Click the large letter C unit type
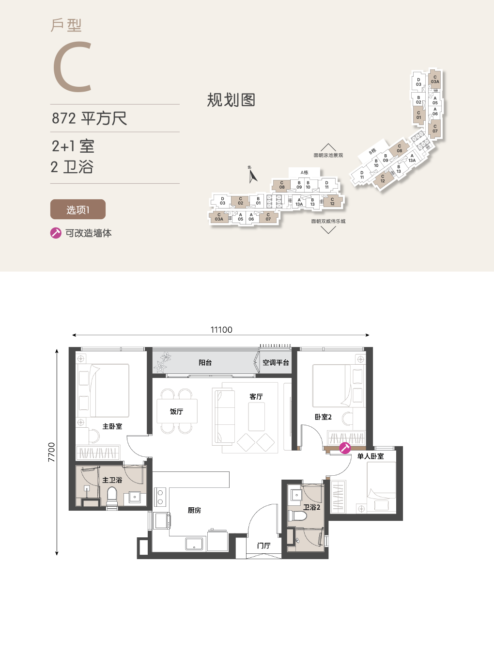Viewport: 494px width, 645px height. coord(72,67)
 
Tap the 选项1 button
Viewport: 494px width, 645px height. coord(77,210)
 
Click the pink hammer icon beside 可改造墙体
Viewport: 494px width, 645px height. coord(56,233)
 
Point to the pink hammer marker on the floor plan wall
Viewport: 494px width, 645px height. coord(345,448)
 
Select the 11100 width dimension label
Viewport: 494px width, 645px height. coord(221,330)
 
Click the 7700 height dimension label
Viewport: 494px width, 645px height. coord(51,452)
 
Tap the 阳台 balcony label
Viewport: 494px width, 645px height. coord(205,362)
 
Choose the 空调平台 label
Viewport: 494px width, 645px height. coord(276,362)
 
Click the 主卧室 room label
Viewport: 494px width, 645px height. coord(112,427)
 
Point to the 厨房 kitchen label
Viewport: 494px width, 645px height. coord(194,510)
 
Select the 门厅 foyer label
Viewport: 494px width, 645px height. coord(264,546)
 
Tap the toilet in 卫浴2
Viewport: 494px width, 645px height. coord(297,516)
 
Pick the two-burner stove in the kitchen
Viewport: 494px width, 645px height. coord(160,497)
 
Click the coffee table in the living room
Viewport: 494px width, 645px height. coord(256,417)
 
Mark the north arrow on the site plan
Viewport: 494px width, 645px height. coord(252,176)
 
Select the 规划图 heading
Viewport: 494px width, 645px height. coord(231,100)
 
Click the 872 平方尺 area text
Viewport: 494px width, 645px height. coord(89,118)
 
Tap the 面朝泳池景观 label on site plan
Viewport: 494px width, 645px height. coord(328,155)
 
